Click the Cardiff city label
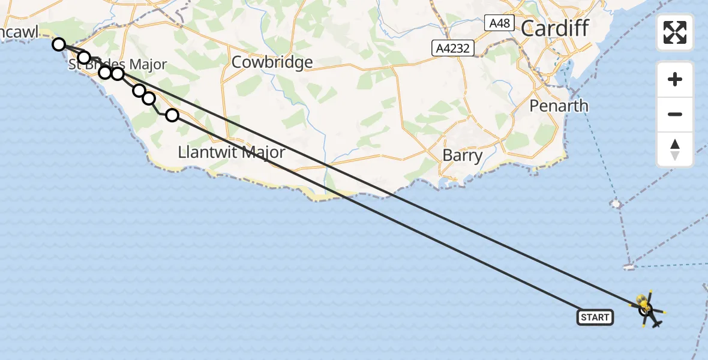pos(555,28)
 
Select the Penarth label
pos(559,106)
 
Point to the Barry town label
pos(462,155)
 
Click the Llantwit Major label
pos(232,152)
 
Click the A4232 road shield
pos(453,48)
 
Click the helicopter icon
pos(646,310)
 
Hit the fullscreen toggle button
pos(675,32)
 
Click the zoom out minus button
pos(675,114)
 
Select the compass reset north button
pos(675,149)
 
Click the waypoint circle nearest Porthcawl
pos(58,44)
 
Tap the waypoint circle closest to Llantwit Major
pos(172,115)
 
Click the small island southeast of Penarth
pos(616,203)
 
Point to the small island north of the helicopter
pos(629,266)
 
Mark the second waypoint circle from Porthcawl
pos(84,58)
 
